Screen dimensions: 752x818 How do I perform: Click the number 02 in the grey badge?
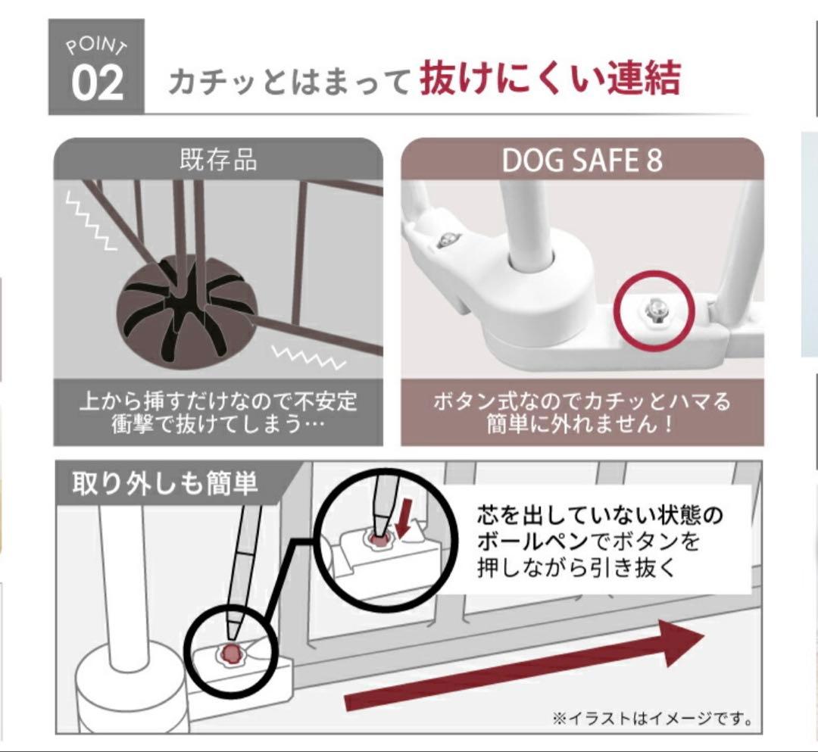click(97, 83)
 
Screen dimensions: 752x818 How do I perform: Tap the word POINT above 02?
click(96, 47)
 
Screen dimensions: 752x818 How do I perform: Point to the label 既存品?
click(217, 161)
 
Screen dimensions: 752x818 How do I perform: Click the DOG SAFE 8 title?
click(582, 161)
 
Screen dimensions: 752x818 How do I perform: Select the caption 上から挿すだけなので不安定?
click(218, 398)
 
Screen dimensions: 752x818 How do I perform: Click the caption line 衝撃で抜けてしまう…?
click(218, 423)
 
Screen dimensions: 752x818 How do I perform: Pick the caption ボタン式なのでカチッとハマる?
click(582, 399)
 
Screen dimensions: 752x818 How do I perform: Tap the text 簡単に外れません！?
click(582, 423)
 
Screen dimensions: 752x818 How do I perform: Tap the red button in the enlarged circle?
click(376, 538)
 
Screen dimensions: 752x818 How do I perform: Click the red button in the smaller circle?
click(231, 653)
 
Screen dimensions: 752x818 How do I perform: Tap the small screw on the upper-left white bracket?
click(445, 240)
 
